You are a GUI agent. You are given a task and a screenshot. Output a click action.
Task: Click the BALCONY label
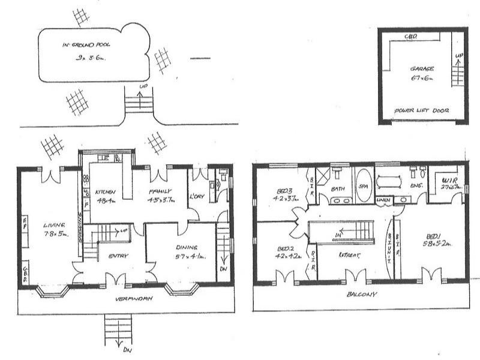pyautogui.click(x=360, y=295)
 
